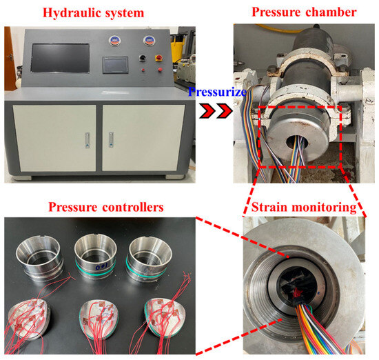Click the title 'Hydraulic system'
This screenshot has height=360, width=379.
click(93, 13)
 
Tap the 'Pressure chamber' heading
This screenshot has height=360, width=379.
click(304, 12)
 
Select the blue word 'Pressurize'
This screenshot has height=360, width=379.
click(217, 92)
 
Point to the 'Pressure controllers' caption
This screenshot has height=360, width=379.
click(106, 207)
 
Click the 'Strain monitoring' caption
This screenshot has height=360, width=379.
click(304, 207)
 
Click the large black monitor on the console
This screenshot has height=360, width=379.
click(60, 58)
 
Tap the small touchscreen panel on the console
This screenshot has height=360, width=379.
click(115, 65)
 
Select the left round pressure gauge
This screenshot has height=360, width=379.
click(114, 41)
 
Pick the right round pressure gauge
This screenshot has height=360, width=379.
click(149, 41)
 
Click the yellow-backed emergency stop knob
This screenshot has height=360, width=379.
click(159, 58)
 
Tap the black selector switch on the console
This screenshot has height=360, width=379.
click(143, 58)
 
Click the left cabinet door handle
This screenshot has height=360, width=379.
click(88, 140)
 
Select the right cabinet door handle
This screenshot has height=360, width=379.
click(111, 139)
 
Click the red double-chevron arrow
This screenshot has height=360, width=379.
click(216, 111)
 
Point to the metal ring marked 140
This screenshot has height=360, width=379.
click(96, 257)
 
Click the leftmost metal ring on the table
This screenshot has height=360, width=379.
click(40, 258)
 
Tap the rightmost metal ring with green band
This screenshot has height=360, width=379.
click(149, 259)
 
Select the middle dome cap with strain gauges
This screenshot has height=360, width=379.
click(99, 319)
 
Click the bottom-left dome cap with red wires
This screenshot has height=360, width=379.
click(28, 319)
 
